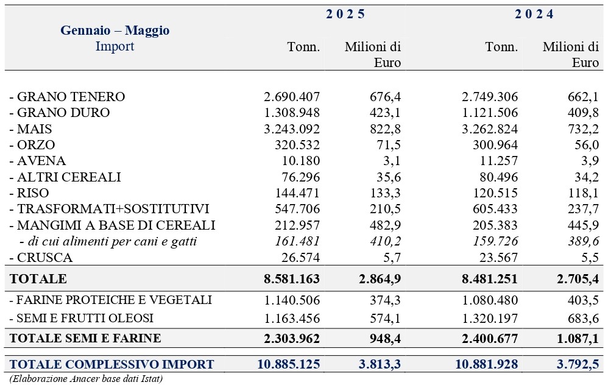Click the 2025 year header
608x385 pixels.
[345, 14]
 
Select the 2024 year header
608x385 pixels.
[534, 14]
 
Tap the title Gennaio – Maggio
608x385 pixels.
[115, 30]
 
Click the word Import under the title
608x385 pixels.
[115, 46]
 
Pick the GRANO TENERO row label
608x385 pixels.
[67, 96]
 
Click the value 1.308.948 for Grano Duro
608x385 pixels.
[292, 113]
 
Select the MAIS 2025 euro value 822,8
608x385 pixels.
[385, 129]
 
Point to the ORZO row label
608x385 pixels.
[32, 144]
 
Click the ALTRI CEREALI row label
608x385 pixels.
[65, 177]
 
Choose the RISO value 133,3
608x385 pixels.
[385, 193]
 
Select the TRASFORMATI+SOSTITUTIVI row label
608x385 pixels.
[109, 209]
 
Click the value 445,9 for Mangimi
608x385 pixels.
[583, 225]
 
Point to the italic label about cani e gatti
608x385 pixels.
[108, 242]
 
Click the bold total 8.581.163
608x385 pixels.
[292, 279]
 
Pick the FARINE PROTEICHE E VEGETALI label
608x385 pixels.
[110, 300]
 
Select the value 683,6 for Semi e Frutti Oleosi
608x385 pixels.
[583, 319]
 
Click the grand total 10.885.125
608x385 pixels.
[289, 364]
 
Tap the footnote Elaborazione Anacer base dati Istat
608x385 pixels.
[86, 378]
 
